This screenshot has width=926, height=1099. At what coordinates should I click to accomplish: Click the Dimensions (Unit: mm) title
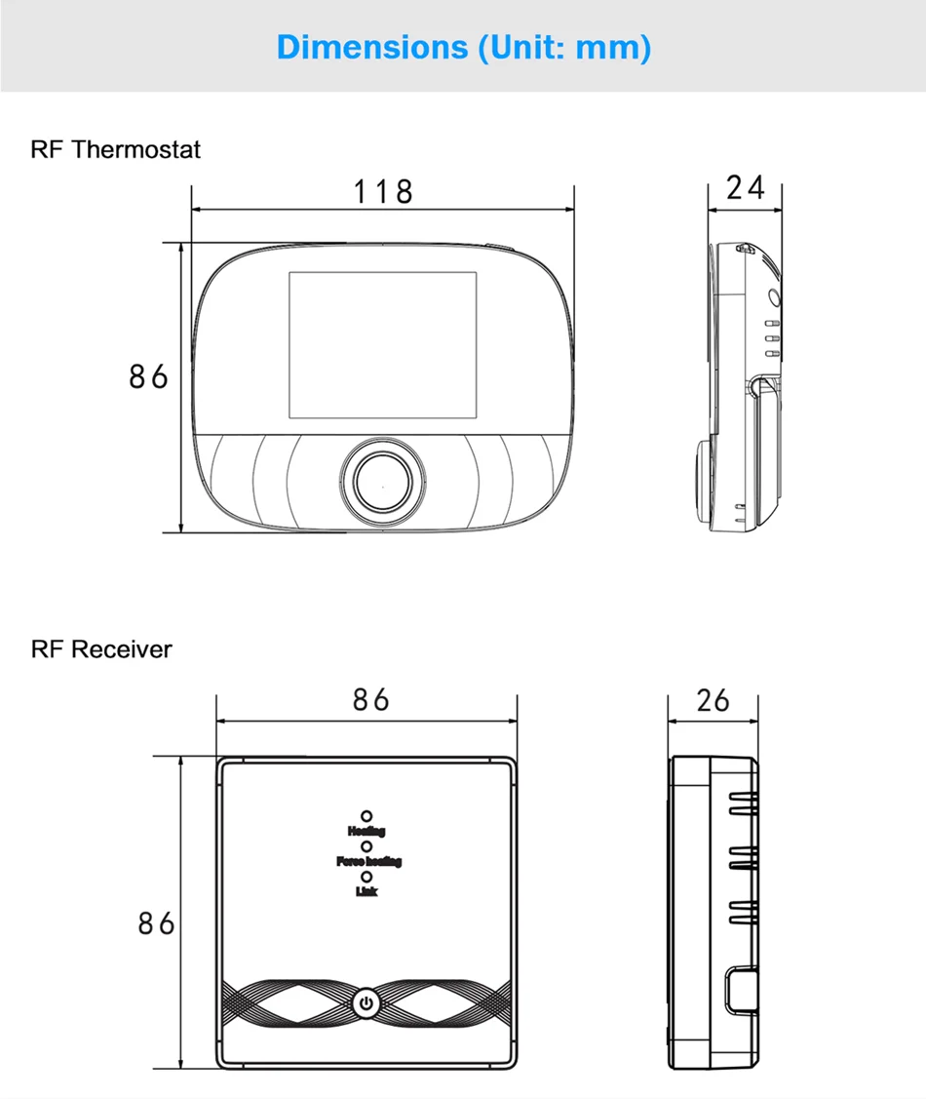click(x=463, y=46)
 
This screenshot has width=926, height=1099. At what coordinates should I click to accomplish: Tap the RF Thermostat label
click(x=116, y=149)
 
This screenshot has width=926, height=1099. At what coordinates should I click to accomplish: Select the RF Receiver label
click(x=101, y=648)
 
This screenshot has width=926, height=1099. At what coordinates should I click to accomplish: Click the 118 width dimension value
click(x=383, y=191)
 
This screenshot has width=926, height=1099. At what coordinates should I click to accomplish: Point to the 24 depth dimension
click(x=746, y=187)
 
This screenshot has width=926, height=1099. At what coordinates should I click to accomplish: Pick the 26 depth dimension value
click(x=713, y=700)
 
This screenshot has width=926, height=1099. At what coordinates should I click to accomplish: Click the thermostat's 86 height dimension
click(x=148, y=376)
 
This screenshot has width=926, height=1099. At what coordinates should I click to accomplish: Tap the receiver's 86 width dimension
click(x=370, y=700)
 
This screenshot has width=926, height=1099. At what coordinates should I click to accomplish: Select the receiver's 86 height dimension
click(x=155, y=922)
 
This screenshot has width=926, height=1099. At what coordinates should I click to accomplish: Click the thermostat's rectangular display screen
click(x=383, y=341)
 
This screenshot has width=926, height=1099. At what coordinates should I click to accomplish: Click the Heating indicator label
click(x=367, y=831)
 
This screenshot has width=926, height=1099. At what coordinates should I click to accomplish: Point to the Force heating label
click(x=368, y=861)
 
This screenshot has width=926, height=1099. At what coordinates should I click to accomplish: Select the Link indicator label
click(x=367, y=890)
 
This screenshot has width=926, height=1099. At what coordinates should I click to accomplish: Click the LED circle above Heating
click(x=367, y=815)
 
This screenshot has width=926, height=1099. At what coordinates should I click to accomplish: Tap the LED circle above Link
click(x=367, y=876)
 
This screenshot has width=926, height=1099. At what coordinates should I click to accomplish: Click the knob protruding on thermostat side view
click(x=702, y=478)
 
